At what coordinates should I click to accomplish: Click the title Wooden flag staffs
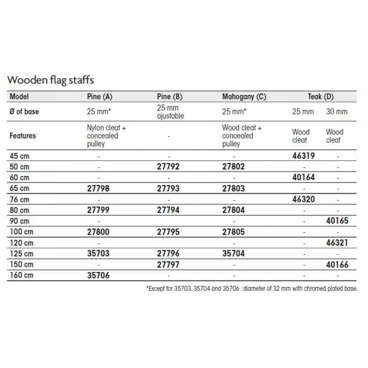(x=51, y=80)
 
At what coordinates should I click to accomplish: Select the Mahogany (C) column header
(x=244, y=97)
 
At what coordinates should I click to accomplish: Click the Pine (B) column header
(x=170, y=97)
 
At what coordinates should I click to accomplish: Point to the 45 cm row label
(x=20, y=156)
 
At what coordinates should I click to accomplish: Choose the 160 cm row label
(x=21, y=275)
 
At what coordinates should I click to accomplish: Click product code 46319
(x=303, y=156)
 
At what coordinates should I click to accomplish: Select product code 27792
(x=168, y=167)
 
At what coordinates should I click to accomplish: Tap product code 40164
(x=303, y=177)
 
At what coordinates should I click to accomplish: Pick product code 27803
(x=233, y=188)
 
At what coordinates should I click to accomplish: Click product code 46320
(x=303, y=199)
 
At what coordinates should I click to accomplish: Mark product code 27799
(x=98, y=210)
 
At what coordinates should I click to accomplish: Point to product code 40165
(x=337, y=221)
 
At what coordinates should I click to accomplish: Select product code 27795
(x=168, y=232)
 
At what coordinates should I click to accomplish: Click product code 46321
(x=337, y=243)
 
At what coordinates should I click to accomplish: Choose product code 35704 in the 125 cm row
(x=233, y=254)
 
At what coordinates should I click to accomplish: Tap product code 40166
(x=337, y=265)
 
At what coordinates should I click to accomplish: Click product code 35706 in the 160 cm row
(x=98, y=275)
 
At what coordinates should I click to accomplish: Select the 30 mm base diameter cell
(x=337, y=112)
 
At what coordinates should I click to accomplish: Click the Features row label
(x=23, y=136)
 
